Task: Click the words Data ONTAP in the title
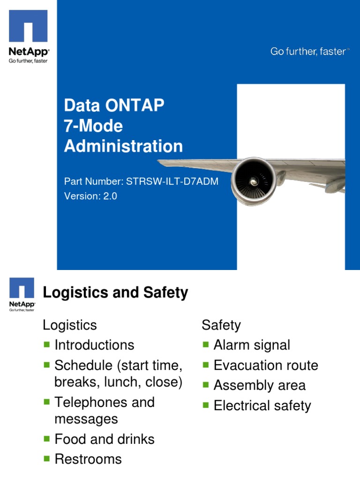[114, 105]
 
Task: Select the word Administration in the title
[123, 146]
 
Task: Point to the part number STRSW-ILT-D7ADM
[172, 181]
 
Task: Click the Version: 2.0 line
[90, 196]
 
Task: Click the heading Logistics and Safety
[115, 293]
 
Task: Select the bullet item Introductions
[94, 345]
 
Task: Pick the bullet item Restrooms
[88, 459]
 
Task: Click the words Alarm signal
[252, 345]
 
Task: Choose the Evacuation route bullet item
[266, 365]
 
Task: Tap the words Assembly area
[259, 385]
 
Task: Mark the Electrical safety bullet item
[262, 405]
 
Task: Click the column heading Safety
[221, 325]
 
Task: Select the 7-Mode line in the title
[93, 126]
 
